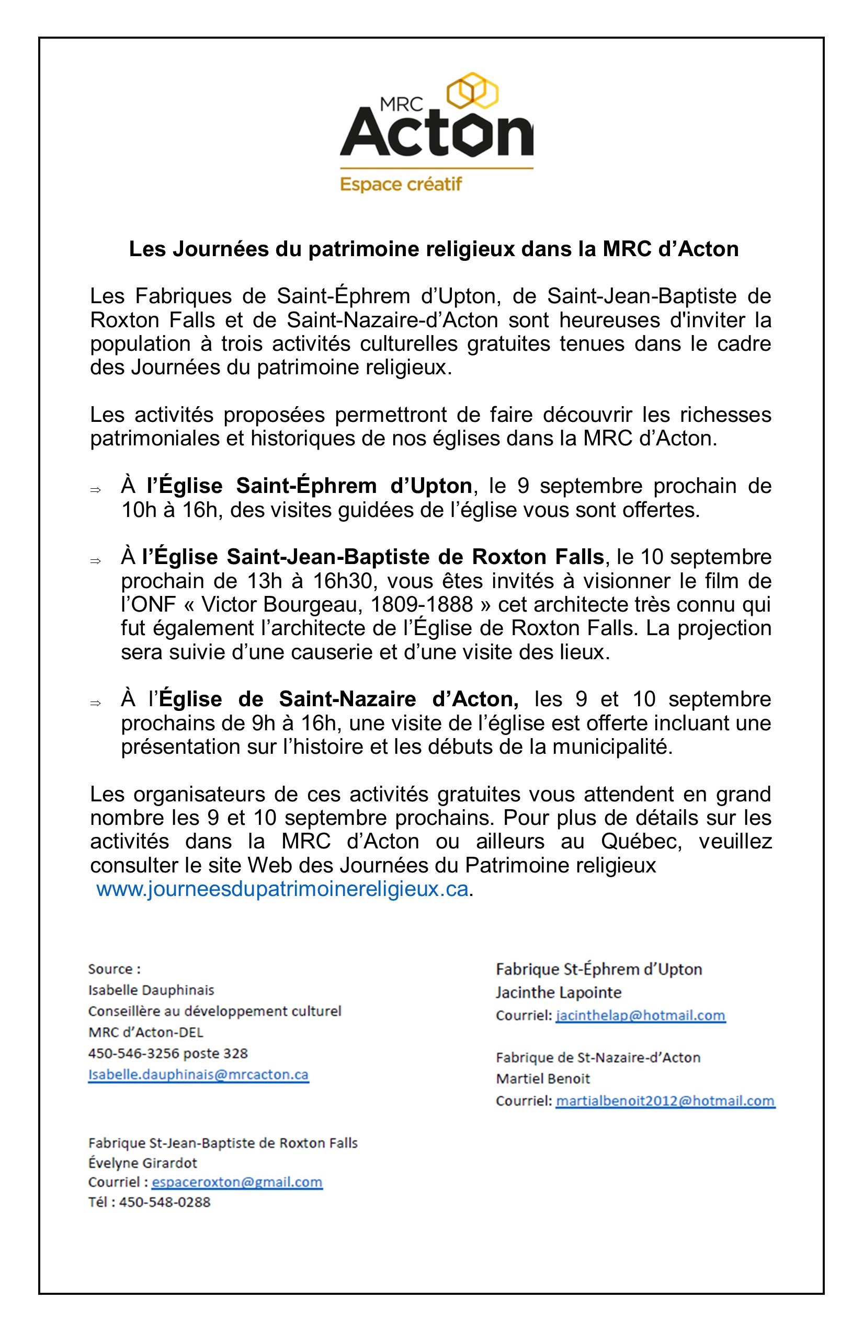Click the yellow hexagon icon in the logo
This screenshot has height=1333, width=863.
tap(475, 91)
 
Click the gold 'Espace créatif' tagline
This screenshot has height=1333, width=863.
tap(401, 184)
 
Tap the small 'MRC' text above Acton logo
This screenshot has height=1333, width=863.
tap(401, 104)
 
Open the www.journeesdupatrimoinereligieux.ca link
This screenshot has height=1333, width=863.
tap(282, 889)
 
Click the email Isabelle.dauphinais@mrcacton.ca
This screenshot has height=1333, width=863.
tap(198, 1074)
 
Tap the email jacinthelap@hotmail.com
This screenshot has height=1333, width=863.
tap(641, 1015)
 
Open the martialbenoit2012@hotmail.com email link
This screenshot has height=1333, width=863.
tap(665, 1100)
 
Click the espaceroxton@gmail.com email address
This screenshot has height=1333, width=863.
tap(237, 1182)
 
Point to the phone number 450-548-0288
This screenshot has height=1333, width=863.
tap(165, 1202)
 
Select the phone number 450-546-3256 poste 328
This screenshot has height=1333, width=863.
tap(167, 1053)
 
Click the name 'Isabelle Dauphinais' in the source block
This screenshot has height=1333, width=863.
tap(151, 990)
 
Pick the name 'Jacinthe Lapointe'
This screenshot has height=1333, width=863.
tap(558, 993)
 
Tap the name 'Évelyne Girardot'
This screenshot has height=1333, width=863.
tap(143, 1163)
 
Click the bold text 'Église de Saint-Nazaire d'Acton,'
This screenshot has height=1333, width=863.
tap(339, 699)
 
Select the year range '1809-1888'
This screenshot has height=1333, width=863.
tap(422, 604)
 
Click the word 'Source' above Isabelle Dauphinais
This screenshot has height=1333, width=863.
tap(110, 969)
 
